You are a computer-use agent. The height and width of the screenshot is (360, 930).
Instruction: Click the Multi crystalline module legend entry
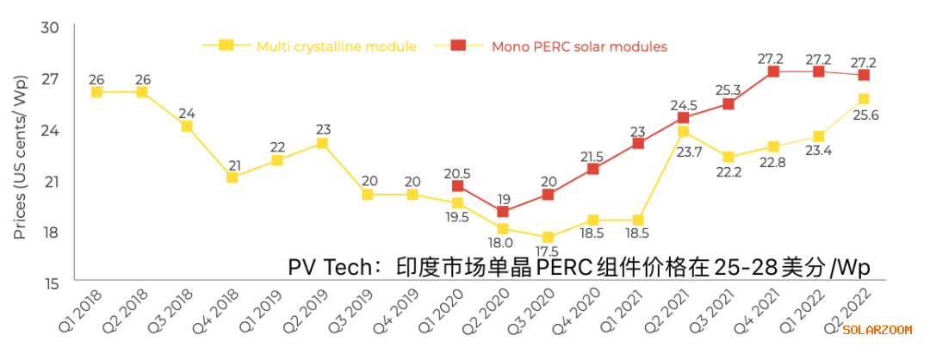coord(336,46)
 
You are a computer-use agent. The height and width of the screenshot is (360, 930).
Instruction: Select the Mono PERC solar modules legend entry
coord(579,46)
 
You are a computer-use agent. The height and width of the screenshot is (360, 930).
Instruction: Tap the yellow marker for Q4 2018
coord(232,177)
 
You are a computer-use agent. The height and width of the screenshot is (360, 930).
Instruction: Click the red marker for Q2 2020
coord(503,212)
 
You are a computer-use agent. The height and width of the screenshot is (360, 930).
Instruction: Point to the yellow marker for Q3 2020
coord(548,237)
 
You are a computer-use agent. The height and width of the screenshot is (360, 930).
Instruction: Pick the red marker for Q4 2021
coord(773,71)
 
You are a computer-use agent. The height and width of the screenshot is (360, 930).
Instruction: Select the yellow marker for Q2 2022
coord(864,99)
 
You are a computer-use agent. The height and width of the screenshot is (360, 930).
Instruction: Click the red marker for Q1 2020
coord(457,186)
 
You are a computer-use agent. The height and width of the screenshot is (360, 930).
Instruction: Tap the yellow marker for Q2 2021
coord(683,132)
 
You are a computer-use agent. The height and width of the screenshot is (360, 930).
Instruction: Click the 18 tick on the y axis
coord(50,233)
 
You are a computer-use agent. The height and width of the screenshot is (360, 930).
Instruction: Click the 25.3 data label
coord(728,86)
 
